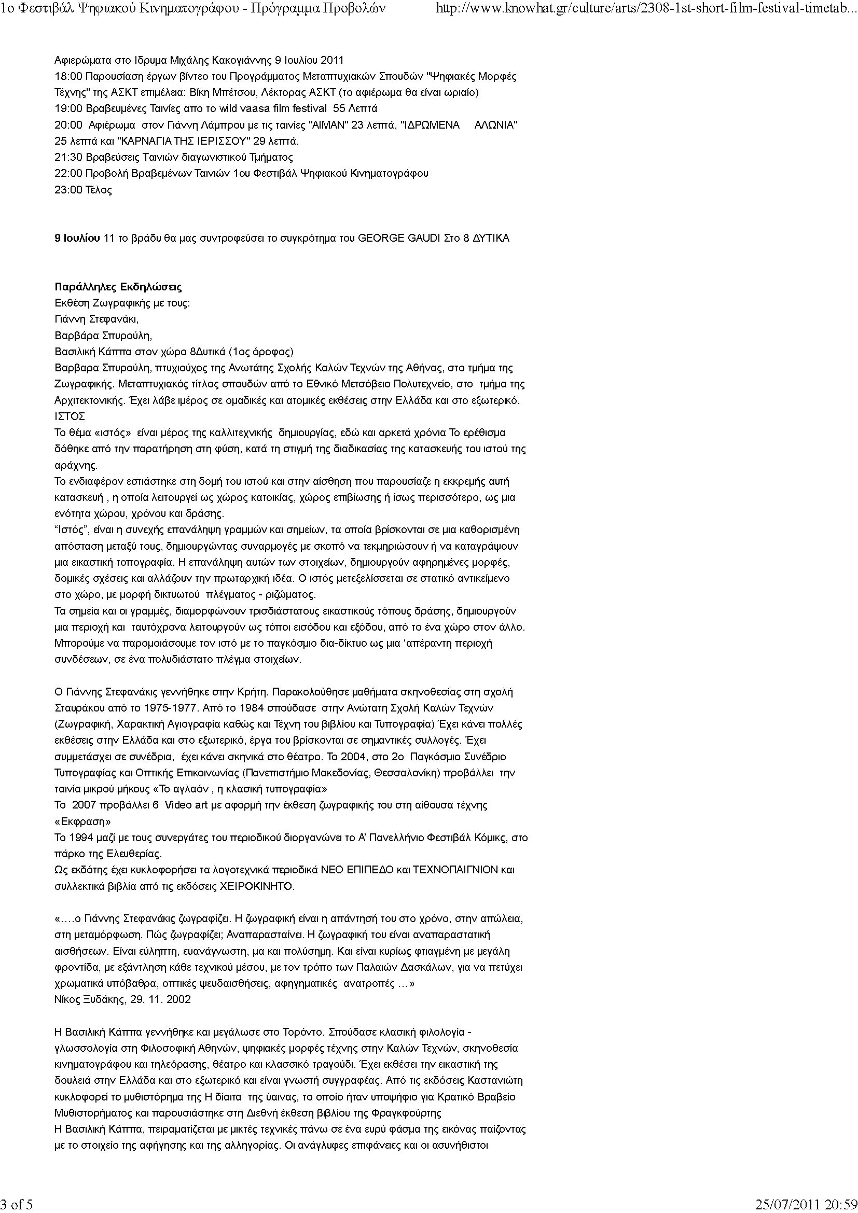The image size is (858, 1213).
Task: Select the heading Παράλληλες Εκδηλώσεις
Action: tap(118, 287)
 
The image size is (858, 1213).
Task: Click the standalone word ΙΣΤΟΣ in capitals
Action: tap(70, 417)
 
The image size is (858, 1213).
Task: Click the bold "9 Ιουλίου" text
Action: tap(77, 238)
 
